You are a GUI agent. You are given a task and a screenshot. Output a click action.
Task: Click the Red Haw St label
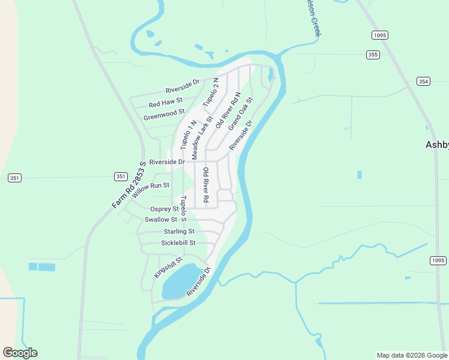coord(166,103)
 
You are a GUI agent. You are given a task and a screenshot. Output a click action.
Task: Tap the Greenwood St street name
coord(164,114)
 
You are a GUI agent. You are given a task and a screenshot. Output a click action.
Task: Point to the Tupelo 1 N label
coord(188,134)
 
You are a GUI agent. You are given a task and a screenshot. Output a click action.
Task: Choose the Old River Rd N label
coord(228,110)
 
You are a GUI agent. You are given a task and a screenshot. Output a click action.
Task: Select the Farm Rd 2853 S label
coord(129,185)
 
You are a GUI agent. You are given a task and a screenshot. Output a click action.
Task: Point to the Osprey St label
coord(164,209)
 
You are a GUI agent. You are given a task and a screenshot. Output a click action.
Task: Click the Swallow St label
coord(161,220)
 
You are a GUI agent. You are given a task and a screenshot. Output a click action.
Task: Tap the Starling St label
coord(179,231)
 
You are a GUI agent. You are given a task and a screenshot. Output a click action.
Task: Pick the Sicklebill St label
coord(178,242)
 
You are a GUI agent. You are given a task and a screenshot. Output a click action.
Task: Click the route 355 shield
coord(373,55)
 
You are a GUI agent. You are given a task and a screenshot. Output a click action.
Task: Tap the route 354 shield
coord(423,81)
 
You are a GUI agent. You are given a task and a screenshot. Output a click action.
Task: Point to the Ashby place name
coord(436,145)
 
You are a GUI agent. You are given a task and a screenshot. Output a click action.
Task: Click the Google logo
coord(20,353)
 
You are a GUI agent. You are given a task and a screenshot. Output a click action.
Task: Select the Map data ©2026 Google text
coord(411,355)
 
